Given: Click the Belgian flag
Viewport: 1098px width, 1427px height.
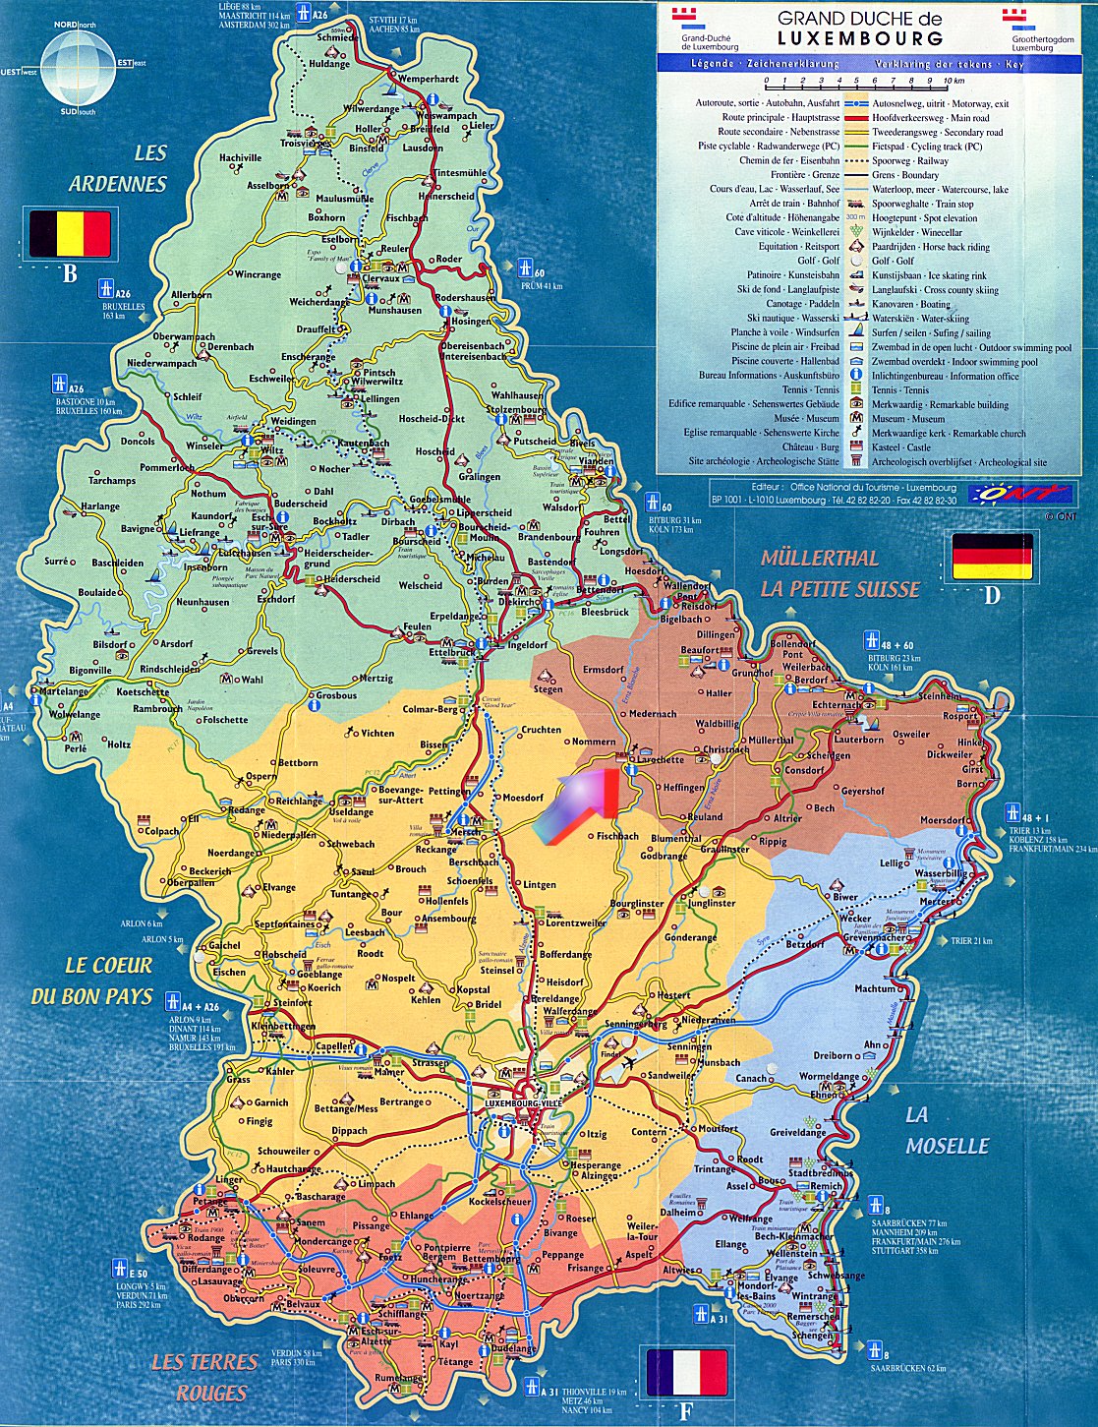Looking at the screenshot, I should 70,234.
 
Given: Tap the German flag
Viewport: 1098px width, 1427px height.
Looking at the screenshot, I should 992,557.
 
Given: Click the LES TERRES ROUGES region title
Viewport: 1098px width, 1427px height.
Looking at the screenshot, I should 203,1377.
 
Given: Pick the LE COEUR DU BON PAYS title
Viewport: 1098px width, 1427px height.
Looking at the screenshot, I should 94,981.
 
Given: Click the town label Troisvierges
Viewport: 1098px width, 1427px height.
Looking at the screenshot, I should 306,143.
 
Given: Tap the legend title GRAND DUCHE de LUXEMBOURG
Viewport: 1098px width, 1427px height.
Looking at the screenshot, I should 859,29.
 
